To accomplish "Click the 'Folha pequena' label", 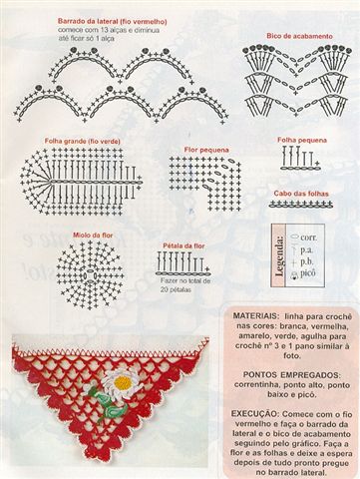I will [301, 140].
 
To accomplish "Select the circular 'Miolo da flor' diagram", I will [89, 267].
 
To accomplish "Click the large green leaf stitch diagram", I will [80, 182].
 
